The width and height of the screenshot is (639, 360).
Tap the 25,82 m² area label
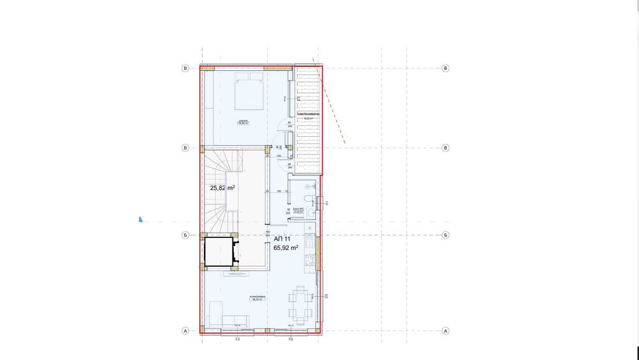[222, 188]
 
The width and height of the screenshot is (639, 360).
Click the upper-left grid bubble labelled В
[186, 68]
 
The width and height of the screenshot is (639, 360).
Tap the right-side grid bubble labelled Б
[445, 235]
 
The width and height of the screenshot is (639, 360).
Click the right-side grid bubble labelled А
[445, 331]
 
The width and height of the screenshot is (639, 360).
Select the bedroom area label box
[243, 122]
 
